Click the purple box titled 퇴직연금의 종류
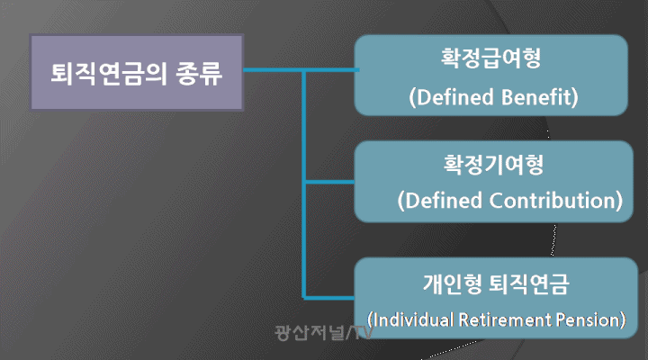(137, 72)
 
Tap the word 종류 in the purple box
(199, 74)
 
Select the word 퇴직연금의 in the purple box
(109, 74)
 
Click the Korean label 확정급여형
(491, 58)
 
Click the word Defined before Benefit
(455, 97)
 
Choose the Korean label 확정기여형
(493, 165)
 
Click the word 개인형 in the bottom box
(452, 283)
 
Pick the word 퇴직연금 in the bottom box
(529, 283)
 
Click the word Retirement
(505, 319)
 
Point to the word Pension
(587, 319)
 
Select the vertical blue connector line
(304, 184)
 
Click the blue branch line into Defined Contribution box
(329, 182)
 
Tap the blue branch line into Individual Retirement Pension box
(329, 298)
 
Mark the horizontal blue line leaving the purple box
(301, 70)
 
